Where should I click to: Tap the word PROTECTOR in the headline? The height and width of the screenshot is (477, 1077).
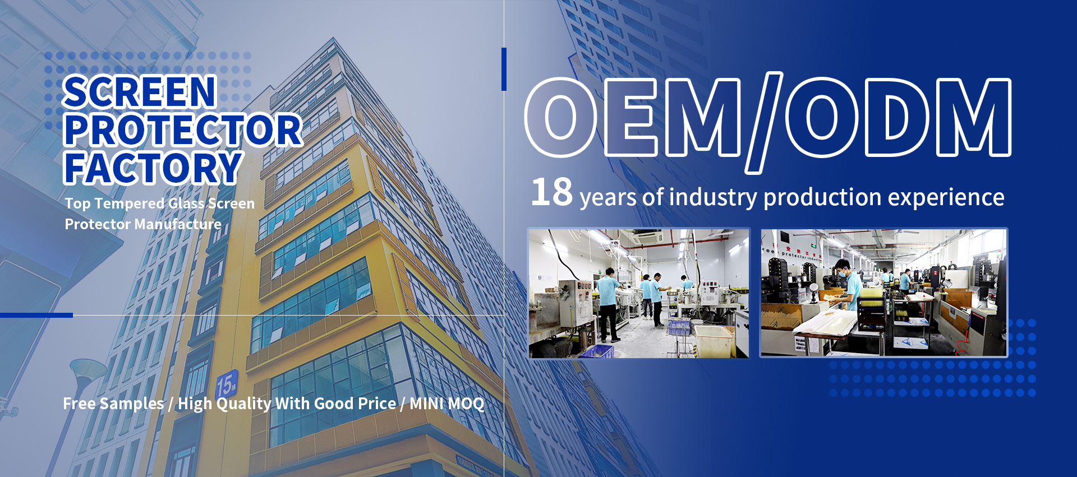183,130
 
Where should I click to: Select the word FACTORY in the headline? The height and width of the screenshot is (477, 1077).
153,168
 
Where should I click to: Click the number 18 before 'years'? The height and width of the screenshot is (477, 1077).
551,192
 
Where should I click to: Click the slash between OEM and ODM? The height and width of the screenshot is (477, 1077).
764,123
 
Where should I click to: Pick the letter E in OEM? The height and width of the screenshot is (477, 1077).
632,117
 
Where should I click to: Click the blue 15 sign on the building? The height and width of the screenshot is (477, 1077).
227,385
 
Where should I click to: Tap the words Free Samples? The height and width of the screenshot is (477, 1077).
113,404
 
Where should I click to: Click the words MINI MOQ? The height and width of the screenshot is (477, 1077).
447,404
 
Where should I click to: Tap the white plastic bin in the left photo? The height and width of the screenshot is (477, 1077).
715,341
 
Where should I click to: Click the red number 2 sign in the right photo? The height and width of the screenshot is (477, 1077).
935,273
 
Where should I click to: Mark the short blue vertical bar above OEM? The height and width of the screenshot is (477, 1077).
504,69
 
